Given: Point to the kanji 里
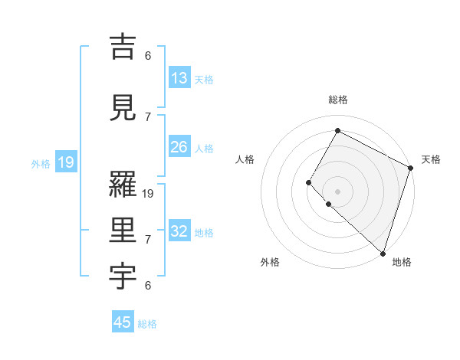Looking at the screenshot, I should point(123,230).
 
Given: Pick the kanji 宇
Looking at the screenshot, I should point(123,275).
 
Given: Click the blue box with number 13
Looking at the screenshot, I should point(179,78).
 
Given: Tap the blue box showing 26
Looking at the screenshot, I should point(179,147).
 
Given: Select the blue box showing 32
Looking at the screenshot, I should point(179,231).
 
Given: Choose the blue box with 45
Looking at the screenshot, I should point(123,322).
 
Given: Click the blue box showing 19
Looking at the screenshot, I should point(65,162).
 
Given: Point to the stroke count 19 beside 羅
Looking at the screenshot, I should point(149,194).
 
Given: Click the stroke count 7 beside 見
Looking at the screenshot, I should point(148,116).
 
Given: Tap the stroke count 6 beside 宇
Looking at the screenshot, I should point(148,286).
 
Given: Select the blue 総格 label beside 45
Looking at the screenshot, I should point(147,324).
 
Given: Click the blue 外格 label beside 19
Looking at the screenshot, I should point(41,163).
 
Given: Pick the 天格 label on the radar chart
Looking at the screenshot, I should point(431,159).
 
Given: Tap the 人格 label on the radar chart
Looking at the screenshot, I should point(245,159).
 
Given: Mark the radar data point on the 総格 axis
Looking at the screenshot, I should point(337,131).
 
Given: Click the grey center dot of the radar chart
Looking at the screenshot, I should point(337,191).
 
